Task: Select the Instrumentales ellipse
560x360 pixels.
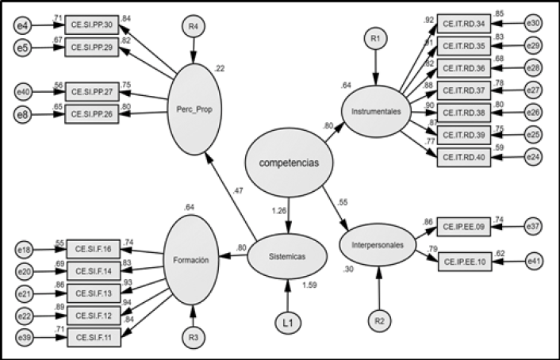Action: pos(376,115)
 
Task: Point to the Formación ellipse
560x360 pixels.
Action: pos(190,259)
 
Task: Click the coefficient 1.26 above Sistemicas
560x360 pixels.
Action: pos(278,211)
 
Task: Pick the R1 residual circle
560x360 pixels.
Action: pos(374,36)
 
